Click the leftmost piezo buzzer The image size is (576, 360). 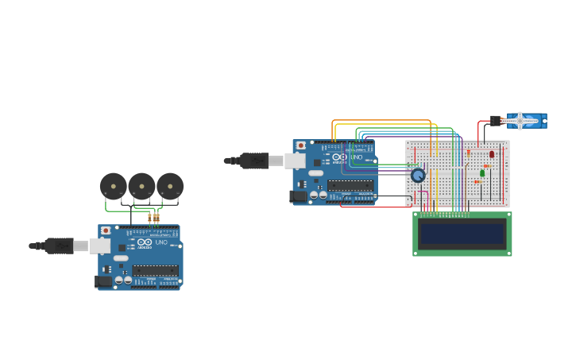pos(114,187)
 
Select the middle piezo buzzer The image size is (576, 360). pos(141,187)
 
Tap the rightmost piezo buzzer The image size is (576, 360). pos(170,187)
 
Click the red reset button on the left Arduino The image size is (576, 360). pos(106,230)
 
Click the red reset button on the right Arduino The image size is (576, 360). pos(300,145)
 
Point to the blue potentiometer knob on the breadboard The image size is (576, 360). pos(418,175)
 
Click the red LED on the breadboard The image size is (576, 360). pos(492,154)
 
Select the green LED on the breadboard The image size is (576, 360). pos(482,172)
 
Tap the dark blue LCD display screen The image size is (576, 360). pos(462,234)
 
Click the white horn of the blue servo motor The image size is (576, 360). pos(520,121)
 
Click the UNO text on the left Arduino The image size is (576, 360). pos(161,242)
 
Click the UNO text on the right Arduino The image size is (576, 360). pos(357,157)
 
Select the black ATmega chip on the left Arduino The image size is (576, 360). pos(155,270)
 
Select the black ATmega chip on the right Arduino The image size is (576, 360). pos(350,185)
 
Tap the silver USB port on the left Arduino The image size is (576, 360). pos(100,246)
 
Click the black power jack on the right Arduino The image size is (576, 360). pos(298,195)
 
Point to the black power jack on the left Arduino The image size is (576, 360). pos(103,281)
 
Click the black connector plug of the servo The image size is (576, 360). pos(495,121)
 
